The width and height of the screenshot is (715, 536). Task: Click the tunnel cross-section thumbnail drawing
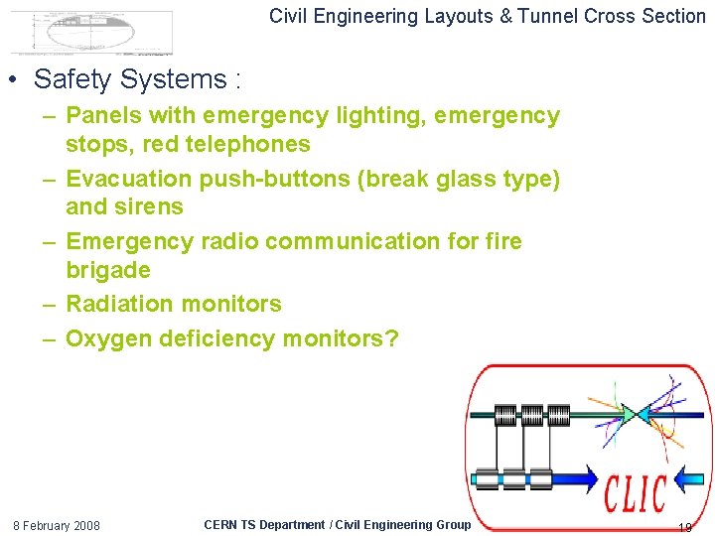(91, 33)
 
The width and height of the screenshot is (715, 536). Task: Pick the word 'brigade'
(108, 270)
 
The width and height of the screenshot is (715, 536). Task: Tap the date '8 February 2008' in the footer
(56, 525)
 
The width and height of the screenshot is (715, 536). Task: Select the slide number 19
(684, 527)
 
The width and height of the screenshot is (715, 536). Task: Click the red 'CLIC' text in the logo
(636, 491)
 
